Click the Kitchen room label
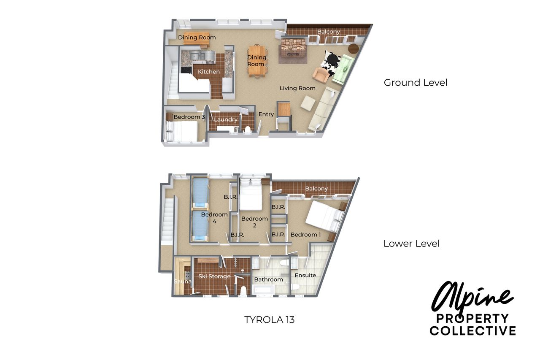pos(209,72)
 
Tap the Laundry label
pos(226,119)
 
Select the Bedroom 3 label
pos(189,117)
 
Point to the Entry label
pos(266,114)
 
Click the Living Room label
pos(297,88)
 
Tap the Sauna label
pos(183,282)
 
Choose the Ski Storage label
pos(214,276)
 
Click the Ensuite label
pos(305,275)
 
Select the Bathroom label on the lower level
pos(269,279)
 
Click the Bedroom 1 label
pos(305,235)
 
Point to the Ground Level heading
pos(416,83)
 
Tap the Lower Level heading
pos(411,244)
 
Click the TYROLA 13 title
pos(269,320)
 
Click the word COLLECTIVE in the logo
pos(472,330)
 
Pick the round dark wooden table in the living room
pos(354,49)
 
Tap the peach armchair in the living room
pos(320,75)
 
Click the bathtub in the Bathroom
pos(263,290)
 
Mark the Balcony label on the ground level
pos(328,32)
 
